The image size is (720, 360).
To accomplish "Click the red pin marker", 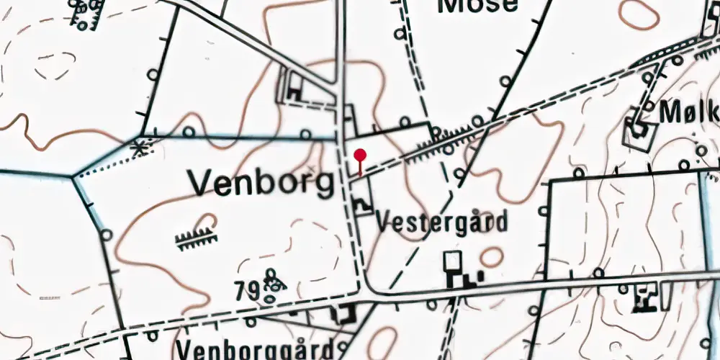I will point(360,156).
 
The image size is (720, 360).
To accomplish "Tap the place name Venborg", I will point(263,184).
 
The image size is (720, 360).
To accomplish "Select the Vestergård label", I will point(442,221).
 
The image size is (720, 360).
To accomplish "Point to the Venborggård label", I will point(256,350).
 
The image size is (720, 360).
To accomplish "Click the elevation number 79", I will point(247,291).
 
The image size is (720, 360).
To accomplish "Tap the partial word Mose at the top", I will point(477,6).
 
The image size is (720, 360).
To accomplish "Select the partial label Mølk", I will point(689,113).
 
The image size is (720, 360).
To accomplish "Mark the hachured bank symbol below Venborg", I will point(197,238).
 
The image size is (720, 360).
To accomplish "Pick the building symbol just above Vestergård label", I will point(362,205).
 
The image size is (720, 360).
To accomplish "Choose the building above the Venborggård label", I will point(343,313).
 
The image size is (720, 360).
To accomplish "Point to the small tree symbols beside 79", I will point(272,285).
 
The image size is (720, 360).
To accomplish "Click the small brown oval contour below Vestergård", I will point(492,257).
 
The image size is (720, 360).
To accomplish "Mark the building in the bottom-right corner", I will point(642,297).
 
